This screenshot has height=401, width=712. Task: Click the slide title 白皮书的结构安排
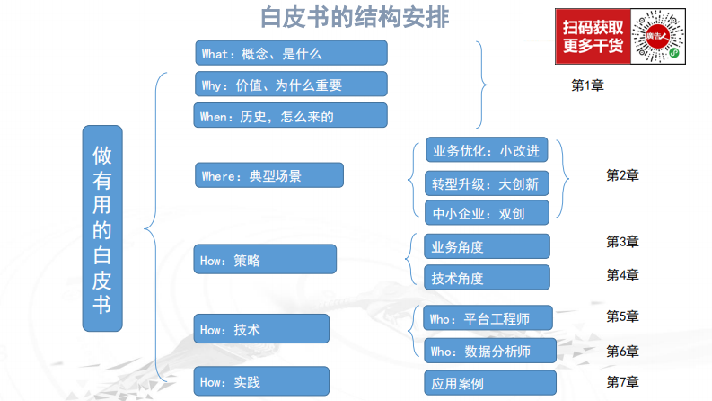pos(355,17)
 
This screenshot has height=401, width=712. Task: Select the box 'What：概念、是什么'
pos(291,53)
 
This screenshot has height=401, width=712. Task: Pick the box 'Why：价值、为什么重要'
pos(291,85)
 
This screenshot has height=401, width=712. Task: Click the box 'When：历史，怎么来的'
pos(291,115)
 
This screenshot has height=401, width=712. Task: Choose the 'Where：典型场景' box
pos(269,175)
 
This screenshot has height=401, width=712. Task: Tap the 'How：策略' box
pos(265,259)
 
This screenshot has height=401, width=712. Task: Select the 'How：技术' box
pos(261,328)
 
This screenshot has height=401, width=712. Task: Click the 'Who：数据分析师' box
pos(488,350)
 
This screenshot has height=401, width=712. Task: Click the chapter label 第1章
pos(587,85)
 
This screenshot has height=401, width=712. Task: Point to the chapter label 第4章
pos(622,275)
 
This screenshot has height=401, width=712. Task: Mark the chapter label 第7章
pos(622,381)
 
